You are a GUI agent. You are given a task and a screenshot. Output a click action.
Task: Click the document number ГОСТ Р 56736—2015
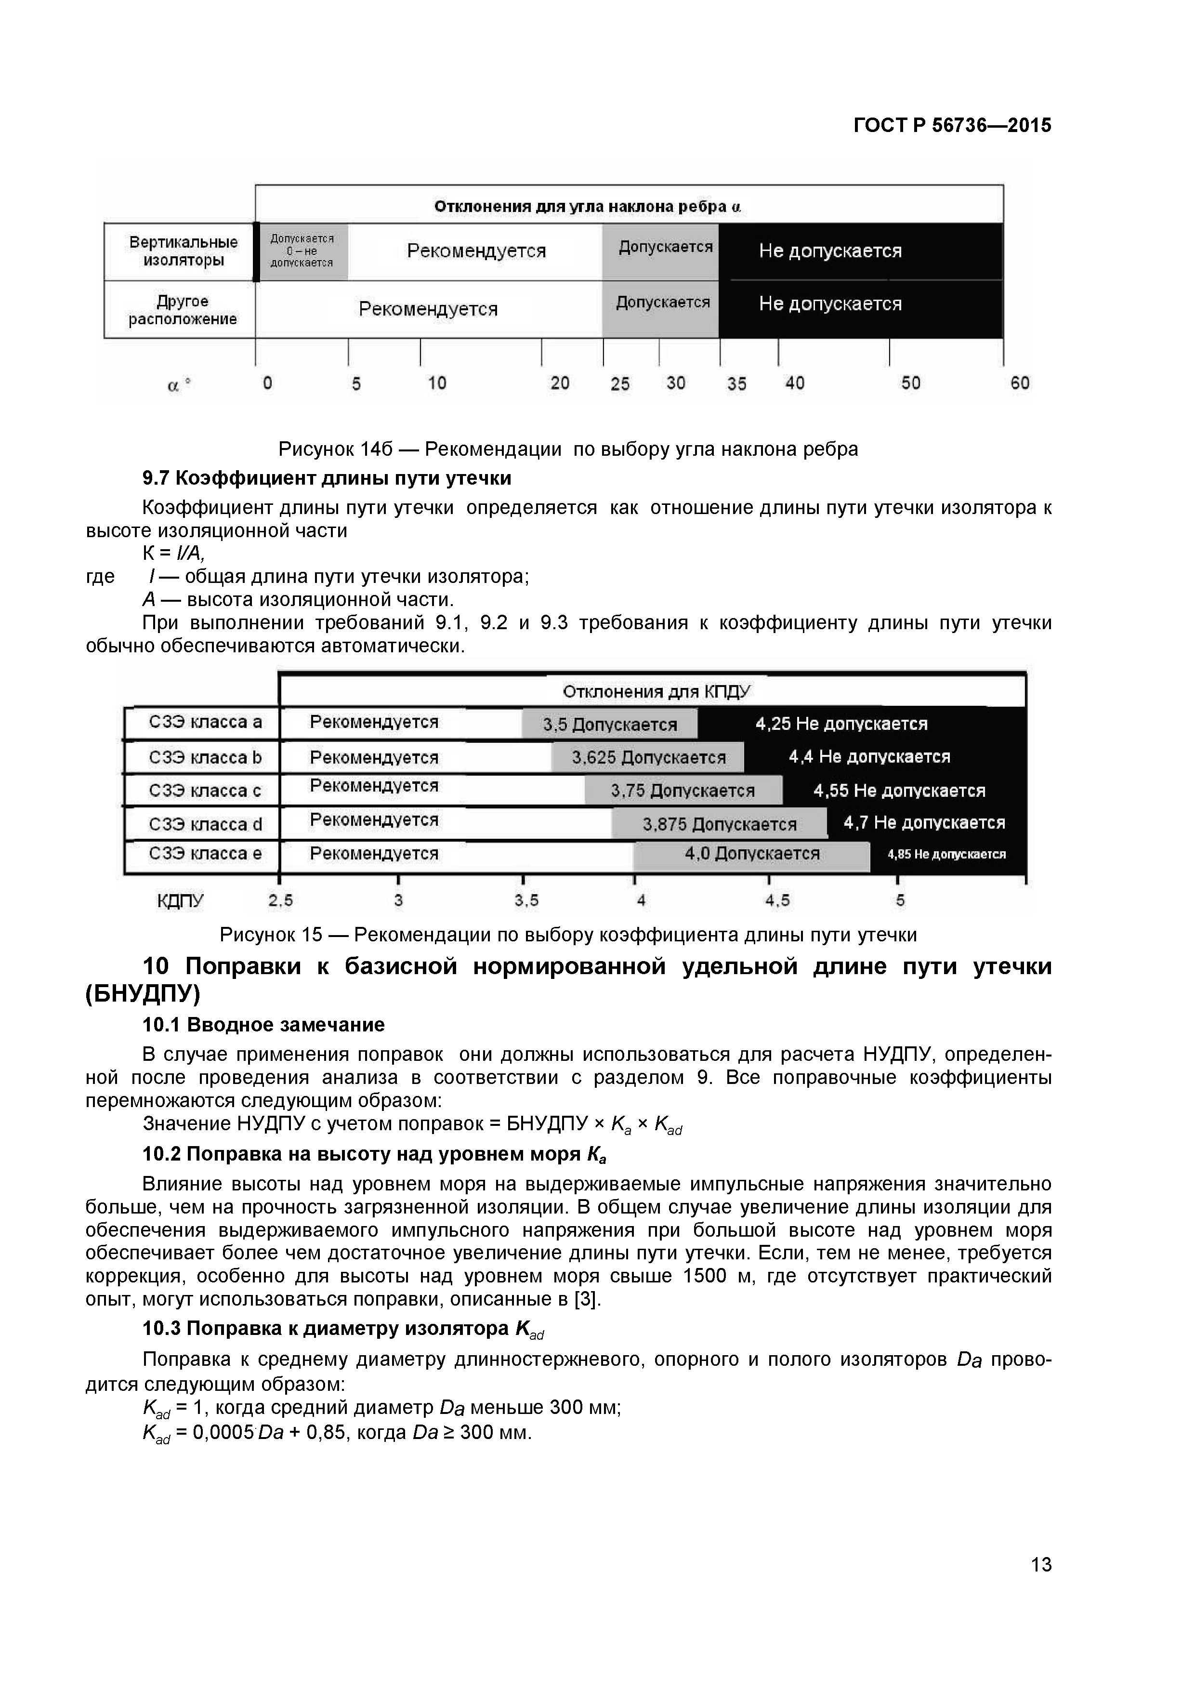click(952, 125)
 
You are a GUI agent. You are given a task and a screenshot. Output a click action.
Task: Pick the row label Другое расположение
click(183, 310)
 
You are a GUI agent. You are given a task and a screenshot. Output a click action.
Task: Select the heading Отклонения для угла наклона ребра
click(587, 207)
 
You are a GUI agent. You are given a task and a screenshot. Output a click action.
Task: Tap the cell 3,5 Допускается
click(609, 724)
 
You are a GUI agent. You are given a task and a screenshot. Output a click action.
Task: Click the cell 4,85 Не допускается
click(946, 855)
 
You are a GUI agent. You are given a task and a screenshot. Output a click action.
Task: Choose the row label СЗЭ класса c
click(205, 791)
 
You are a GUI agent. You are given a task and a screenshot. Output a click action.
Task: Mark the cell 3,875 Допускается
click(719, 824)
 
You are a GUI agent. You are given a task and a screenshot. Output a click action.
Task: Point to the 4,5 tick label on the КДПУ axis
click(777, 900)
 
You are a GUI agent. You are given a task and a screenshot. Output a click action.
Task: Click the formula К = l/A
click(173, 554)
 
